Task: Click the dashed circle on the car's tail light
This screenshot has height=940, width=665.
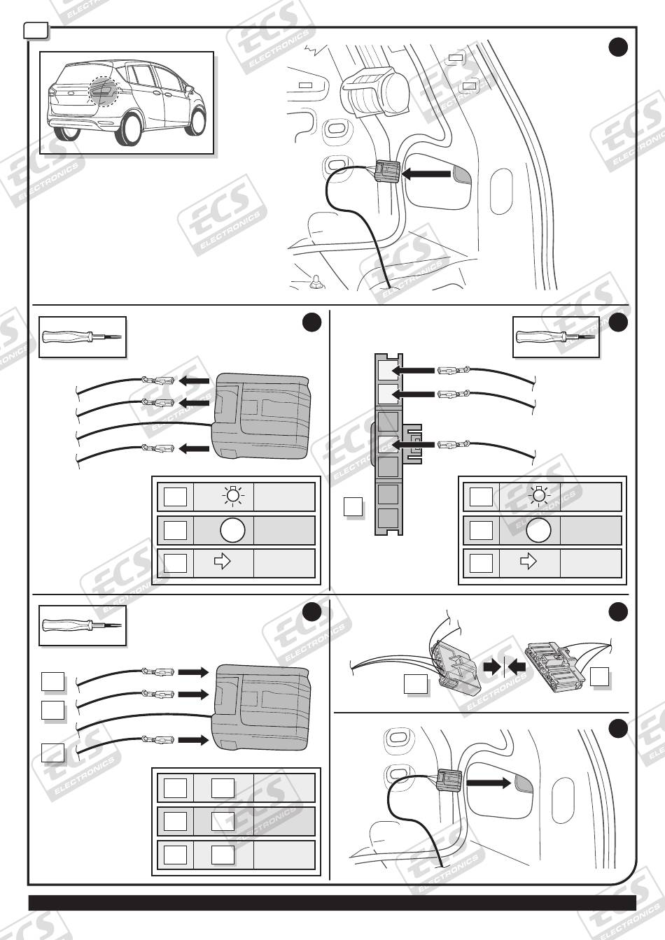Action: click(x=104, y=90)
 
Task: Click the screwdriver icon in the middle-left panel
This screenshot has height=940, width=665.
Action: click(x=82, y=336)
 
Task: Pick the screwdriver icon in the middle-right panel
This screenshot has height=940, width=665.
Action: click(x=556, y=336)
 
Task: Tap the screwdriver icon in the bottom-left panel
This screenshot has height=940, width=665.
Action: click(x=82, y=625)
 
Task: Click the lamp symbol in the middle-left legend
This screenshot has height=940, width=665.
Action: click(x=233, y=497)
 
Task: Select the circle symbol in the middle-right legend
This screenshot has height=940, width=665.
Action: click(x=538, y=530)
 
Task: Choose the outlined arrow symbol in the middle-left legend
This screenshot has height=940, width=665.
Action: click(x=223, y=562)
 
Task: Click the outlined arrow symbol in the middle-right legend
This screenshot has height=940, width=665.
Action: click(x=528, y=562)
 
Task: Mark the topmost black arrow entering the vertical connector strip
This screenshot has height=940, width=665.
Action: click(x=412, y=370)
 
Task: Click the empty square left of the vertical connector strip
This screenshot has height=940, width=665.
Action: click(x=353, y=506)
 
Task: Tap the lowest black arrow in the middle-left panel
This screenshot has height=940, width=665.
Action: click(x=194, y=448)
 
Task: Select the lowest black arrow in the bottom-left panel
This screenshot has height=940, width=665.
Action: click(x=194, y=739)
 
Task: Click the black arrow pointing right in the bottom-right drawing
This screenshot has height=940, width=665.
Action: click(x=489, y=783)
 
